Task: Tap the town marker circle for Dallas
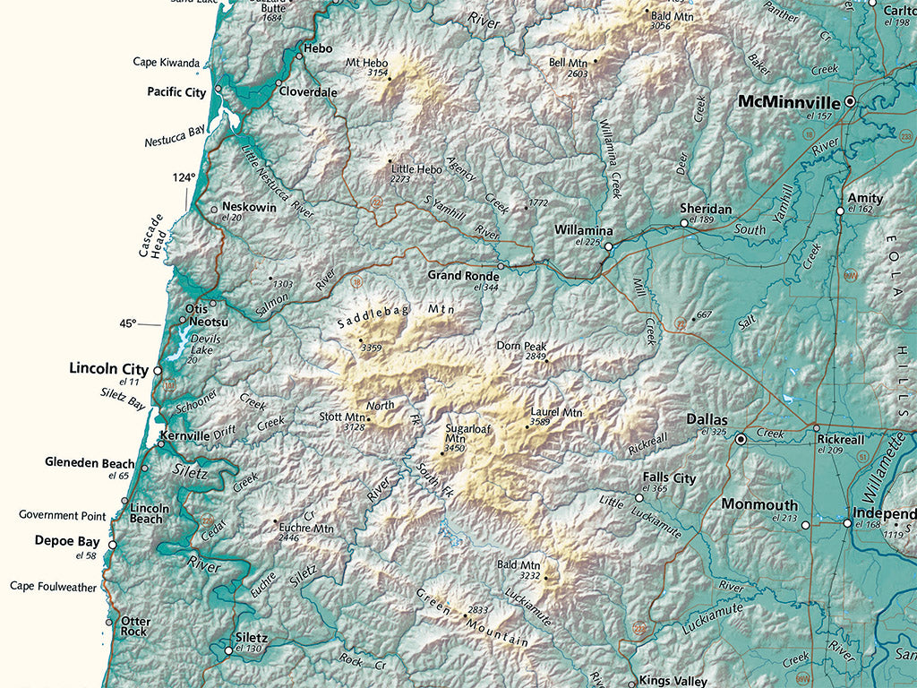click(x=741, y=440)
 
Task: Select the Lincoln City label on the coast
click(x=108, y=368)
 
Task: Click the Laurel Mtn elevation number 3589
click(x=539, y=422)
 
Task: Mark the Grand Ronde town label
click(x=463, y=276)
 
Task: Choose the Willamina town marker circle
click(x=608, y=246)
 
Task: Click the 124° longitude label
click(x=184, y=178)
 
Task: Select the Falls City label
click(x=669, y=478)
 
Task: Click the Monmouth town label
click(x=759, y=504)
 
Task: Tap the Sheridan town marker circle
click(x=684, y=222)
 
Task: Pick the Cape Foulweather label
click(x=53, y=586)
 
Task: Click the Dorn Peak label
click(x=521, y=346)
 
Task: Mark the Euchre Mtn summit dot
click(x=274, y=520)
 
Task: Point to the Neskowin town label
click(x=249, y=206)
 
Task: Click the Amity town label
click(x=865, y=198)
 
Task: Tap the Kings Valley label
click(x=673, y=681)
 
